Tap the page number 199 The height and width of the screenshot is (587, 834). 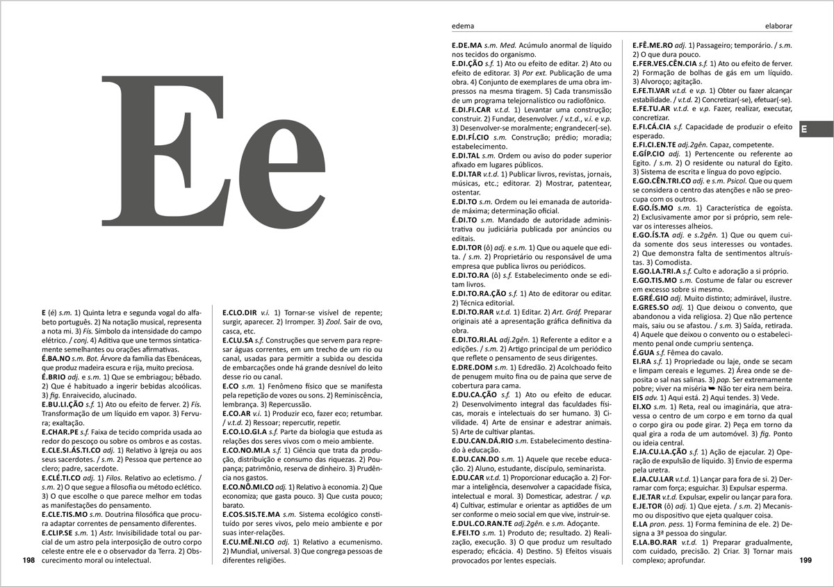(x=806, y=560)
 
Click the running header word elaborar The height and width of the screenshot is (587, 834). (x=778, y=27)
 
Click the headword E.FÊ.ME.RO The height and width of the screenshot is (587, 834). (x=653, y=45)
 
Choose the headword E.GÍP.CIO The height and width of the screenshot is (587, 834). (x=649, y=154)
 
